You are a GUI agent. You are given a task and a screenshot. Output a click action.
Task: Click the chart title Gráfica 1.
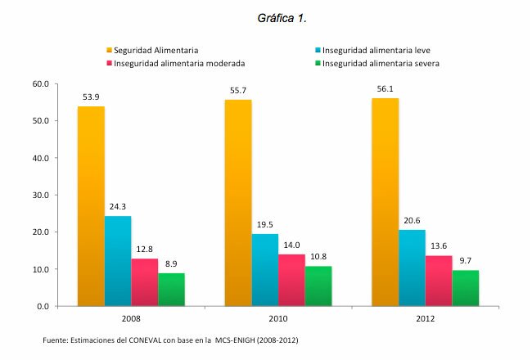point(266,17)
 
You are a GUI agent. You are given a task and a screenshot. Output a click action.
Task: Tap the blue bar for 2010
point(264,270)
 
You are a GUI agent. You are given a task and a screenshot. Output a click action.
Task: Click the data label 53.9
point(91,97)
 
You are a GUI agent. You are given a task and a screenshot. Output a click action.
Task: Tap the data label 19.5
point(264,224)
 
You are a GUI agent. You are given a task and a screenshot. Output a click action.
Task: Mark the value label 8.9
point(171,263)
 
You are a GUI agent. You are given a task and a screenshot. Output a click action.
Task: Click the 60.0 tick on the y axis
point(40,83)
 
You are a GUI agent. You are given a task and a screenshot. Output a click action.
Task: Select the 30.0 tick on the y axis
point(40,195)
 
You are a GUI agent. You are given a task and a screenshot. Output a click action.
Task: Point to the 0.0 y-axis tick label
point(43,306)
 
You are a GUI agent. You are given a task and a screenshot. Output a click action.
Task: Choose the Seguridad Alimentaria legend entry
point(156,51)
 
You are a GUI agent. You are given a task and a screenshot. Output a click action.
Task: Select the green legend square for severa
point(316,63)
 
